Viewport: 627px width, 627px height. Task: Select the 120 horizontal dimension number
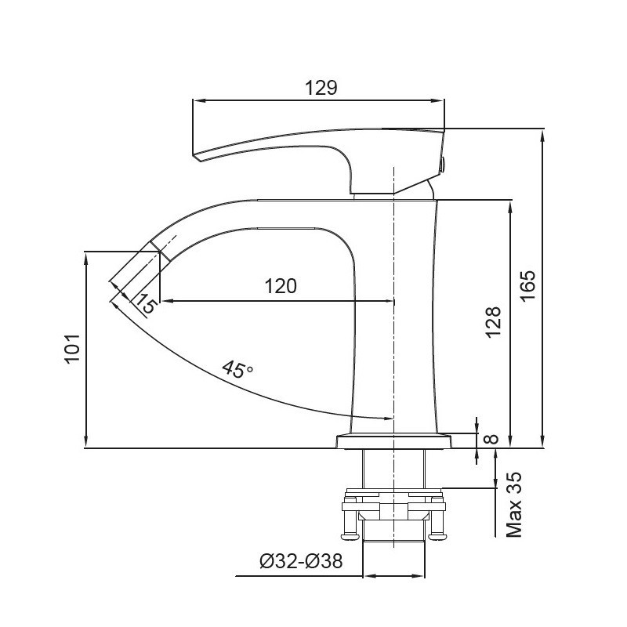tap(281, 286)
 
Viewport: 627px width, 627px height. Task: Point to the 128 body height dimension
tap(493, 321)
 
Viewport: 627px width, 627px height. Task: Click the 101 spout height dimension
tap(71, 350)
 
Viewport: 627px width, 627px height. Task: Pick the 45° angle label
tap(237, 369)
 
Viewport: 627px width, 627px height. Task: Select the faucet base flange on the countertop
tap(395, 440)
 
